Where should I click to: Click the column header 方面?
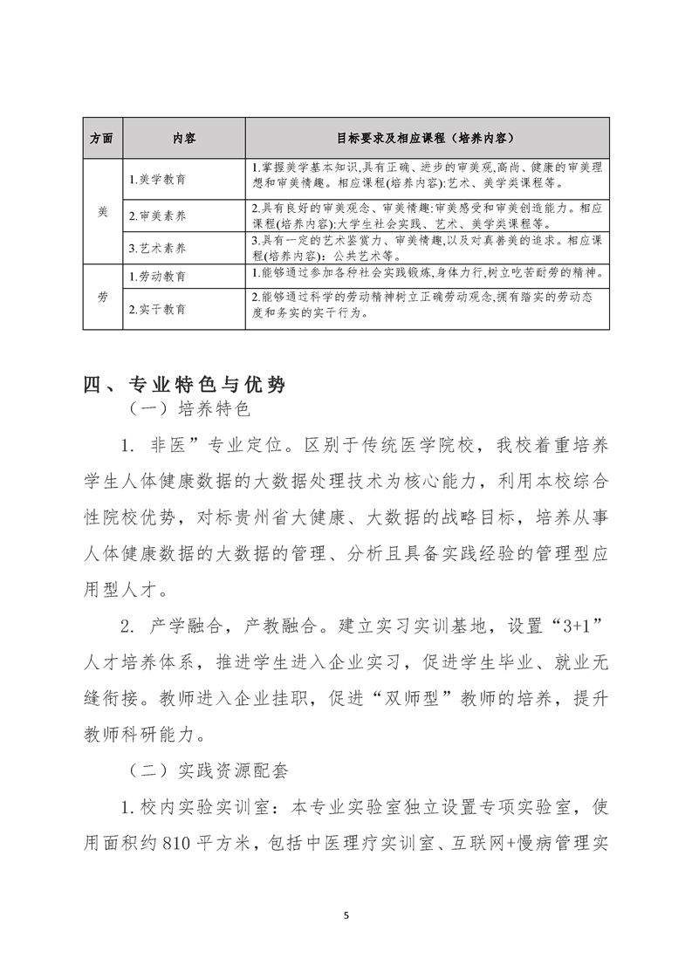[x=101, y=138]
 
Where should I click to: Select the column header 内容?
[x=183, y=138]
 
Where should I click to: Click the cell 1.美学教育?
[x=157, y=179]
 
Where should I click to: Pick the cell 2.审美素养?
[x=157, y=214]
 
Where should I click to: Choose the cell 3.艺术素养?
[x=157, y=248]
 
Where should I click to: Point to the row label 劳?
[x=101, y=297]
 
